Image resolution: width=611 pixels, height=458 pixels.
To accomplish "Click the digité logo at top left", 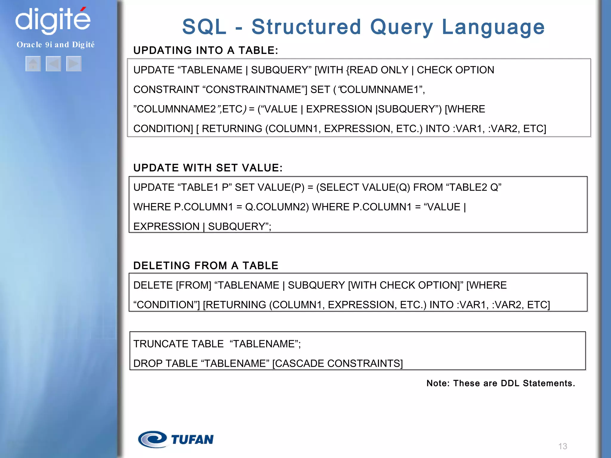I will (53, 20).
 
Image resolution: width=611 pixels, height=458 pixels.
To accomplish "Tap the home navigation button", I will (33, 64).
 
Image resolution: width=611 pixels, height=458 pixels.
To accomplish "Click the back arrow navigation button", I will (53, 64).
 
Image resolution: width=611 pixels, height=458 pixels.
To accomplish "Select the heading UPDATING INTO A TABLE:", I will (206, 50).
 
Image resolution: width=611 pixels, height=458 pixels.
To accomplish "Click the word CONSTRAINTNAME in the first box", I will (254, 89).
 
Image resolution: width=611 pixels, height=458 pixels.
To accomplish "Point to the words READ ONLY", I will (379, 70).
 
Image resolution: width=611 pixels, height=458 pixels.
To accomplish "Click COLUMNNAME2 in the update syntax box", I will (176, 109).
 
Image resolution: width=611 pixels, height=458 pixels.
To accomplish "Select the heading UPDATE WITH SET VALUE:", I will (208, 168).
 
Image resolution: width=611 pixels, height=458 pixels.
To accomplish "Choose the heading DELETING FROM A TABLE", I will (206, 265).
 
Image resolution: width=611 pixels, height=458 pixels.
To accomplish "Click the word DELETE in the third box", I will (153, 285).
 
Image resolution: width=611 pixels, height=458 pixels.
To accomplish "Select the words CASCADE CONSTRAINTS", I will (337, 363).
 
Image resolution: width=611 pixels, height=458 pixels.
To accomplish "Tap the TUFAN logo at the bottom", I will (176, 440).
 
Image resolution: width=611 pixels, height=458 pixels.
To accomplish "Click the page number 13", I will (562, 446).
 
